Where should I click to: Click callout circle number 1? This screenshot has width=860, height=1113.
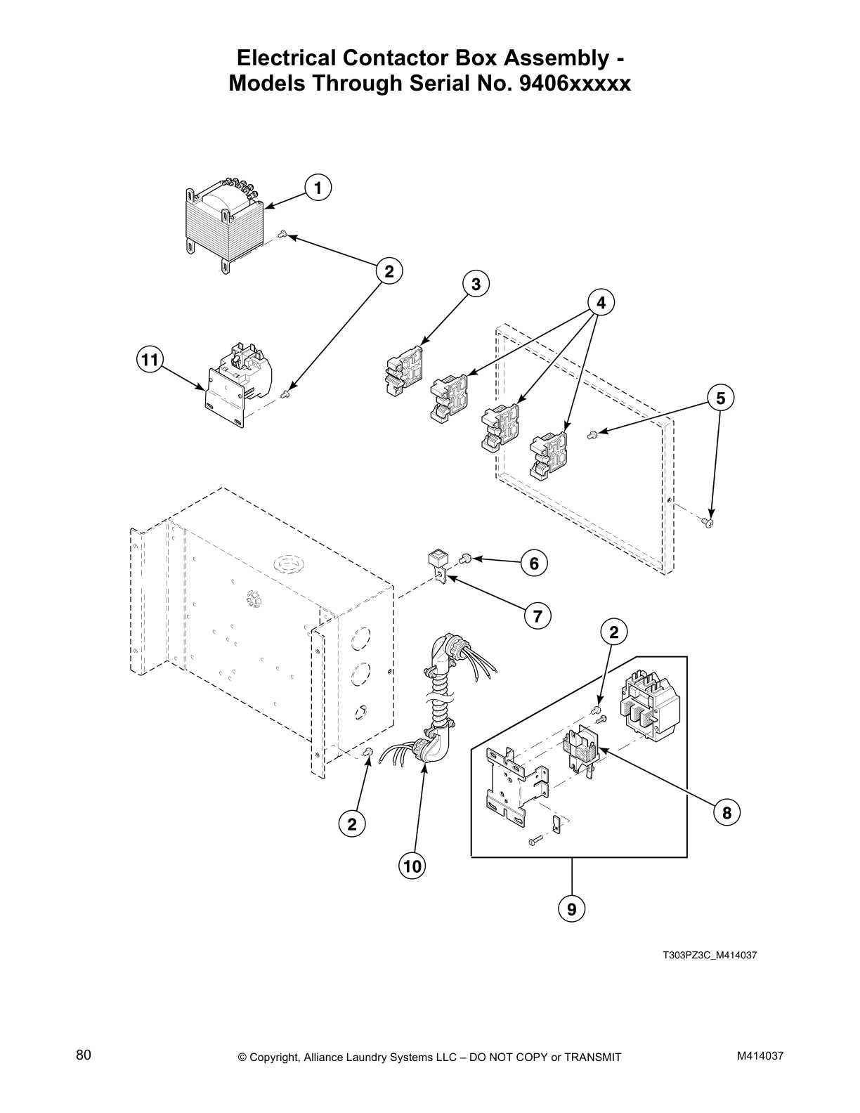318,188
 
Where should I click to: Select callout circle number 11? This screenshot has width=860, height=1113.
148,360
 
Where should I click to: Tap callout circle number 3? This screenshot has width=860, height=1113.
476,284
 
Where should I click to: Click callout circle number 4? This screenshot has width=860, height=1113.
600,303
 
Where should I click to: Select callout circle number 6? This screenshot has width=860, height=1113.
533,563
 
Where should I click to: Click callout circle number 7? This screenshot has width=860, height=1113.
537,616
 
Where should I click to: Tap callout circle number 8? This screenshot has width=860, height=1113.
727,813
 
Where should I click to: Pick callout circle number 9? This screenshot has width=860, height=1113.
572,909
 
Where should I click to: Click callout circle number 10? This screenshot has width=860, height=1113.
412,866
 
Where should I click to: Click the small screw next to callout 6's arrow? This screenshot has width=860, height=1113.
465,559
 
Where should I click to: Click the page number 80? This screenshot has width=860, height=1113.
84,1055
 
